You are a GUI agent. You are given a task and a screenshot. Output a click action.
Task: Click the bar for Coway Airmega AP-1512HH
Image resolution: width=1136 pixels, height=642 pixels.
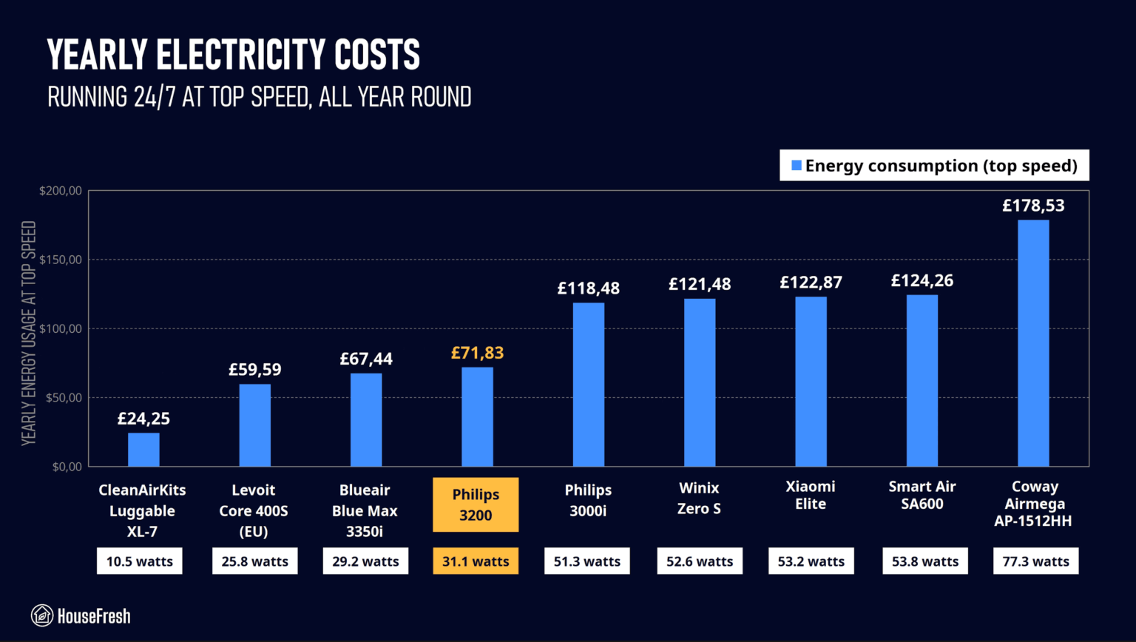tap(1033, 342)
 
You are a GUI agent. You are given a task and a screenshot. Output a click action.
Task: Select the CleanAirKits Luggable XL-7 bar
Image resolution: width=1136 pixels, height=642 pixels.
tap(143, 449)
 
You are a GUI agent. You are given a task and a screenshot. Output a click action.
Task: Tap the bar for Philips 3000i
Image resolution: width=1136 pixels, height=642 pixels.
tap(588, 385)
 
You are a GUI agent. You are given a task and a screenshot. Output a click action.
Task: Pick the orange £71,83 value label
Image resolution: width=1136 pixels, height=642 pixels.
tap(477, 353)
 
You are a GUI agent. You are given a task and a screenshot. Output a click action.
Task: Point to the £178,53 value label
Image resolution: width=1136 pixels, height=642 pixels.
tap(1033, 206)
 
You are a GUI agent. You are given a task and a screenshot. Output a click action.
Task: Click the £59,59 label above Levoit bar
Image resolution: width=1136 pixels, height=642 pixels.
tap(254, 369)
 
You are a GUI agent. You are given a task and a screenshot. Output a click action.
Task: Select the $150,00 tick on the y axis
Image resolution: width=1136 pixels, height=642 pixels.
tap(61, 260)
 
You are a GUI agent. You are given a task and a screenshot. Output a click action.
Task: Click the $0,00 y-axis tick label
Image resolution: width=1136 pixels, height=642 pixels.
tap(67, 467)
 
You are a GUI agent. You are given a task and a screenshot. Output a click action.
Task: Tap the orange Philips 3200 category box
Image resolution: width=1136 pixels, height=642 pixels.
tap(476, 504)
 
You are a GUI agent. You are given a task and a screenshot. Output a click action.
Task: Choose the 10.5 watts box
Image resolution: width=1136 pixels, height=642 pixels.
tap(140, 561)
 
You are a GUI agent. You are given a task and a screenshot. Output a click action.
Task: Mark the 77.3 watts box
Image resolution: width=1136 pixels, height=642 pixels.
tap(1035, 561)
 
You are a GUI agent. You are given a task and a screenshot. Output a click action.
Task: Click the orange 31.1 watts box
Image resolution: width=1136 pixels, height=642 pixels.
tap(476, 561)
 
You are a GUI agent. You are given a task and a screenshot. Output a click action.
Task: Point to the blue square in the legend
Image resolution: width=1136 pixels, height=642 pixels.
tap(797, 166)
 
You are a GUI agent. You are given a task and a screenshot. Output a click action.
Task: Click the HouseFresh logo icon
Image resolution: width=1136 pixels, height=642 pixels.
tap(42, 615)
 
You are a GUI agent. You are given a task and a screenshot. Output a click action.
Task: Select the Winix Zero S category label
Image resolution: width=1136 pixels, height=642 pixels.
tap(699, 498)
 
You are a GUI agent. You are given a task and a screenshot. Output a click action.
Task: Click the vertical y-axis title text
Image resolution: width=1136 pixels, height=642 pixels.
tap(28, 333)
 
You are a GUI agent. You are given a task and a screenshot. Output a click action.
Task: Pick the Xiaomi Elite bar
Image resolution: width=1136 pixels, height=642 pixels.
tap(811, 382)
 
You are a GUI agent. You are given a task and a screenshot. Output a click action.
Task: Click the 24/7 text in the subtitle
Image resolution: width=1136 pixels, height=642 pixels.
tap(155, 96)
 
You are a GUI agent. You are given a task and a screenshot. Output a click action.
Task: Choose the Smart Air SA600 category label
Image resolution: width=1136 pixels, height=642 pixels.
tap(922, 495)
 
